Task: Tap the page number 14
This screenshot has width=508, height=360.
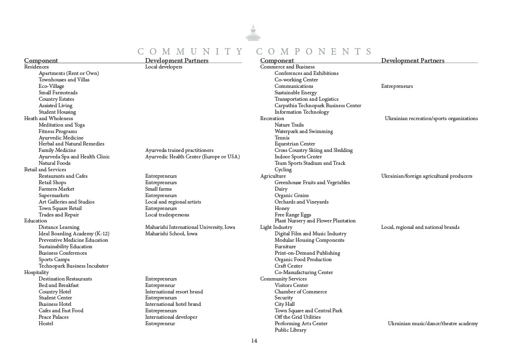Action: coord(254,341)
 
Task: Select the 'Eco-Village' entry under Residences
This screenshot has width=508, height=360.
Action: coord(51,86)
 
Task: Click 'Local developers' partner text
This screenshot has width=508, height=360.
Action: coord(163,67)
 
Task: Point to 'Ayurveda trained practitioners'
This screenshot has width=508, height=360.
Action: coord(179,150)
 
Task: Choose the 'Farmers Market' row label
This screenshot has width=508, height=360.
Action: coord(57,189)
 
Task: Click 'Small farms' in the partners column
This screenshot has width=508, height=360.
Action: coord(158,189)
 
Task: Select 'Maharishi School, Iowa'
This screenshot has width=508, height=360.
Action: coord(171,233)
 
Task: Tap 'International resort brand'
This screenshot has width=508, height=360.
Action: coord(174,291)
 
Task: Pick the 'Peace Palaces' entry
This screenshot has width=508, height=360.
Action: coord(54,317)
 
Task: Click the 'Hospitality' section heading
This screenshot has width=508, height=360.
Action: coord(37,272)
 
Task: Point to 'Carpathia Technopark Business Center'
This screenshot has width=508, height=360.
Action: coord(317,105)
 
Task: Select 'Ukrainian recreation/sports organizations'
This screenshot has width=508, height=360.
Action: coord(431,118)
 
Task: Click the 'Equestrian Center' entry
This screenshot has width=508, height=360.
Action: coord(295,144)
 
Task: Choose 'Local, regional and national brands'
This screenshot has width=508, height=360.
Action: coord(420,227)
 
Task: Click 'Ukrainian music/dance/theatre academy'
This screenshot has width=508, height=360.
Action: coord(433,323)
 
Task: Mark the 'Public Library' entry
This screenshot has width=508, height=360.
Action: coord(290,330)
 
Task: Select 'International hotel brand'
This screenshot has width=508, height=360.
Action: coord(173,304)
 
